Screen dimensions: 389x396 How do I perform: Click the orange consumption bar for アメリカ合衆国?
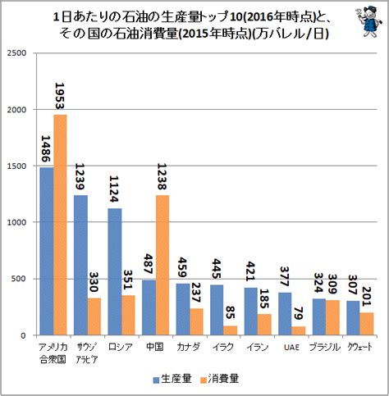pos(60,225)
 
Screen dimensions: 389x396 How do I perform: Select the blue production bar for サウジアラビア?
pos(80,265)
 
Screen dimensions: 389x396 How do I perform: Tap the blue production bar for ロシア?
pos(115,271)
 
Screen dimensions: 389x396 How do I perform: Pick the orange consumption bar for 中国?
pos(162,265)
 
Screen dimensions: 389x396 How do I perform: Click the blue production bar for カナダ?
pos(183,309)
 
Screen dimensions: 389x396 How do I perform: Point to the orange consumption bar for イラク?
pos(231,330)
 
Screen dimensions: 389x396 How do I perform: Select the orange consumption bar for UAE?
pos(299,330)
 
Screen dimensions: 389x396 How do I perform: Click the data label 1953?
pos(60,96)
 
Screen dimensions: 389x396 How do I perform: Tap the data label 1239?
pos(80,176)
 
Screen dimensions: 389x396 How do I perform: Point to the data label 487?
pos(149,264)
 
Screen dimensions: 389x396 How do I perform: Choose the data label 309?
pos(332,284)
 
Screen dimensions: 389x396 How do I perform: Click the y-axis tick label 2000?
pos(17,110)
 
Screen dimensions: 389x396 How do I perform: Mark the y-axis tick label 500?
pos(19,279)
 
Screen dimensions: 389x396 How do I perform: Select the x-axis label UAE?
pos(291,348)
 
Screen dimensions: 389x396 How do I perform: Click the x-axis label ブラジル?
pos(325,347)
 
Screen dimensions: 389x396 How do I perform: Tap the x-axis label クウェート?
pos(360,347)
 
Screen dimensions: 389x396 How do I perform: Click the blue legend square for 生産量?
pos(156,380)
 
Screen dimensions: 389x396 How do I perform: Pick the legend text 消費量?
pos(223,379)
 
